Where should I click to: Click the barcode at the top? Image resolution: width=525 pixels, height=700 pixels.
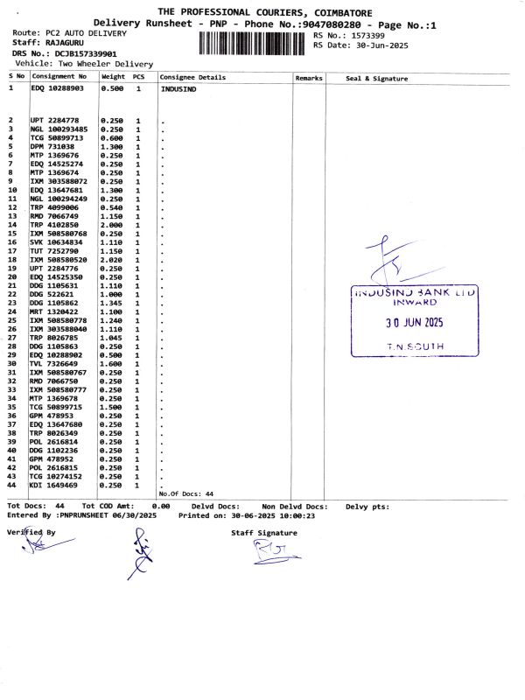pyautogui.click(x=253, y=42)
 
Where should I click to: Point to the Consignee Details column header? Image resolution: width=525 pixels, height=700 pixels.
pyautogui.click(x=192, y=78)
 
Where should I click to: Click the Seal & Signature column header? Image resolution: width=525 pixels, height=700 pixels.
pyautogui.click(x=377, y=79)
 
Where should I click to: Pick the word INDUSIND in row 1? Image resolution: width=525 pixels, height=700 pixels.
pyautogui.click(x=178, y=89)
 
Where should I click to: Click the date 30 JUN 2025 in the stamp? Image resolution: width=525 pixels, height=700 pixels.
pyautogui.click(x=415, y=322)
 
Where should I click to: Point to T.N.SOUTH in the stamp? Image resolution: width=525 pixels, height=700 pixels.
pyautogui.click(x=415, y=346)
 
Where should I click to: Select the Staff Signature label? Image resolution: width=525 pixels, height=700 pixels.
pyautogui.click(x=264, y=532)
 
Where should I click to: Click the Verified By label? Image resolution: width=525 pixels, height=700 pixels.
pyautogui.click(x=31, y=532)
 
